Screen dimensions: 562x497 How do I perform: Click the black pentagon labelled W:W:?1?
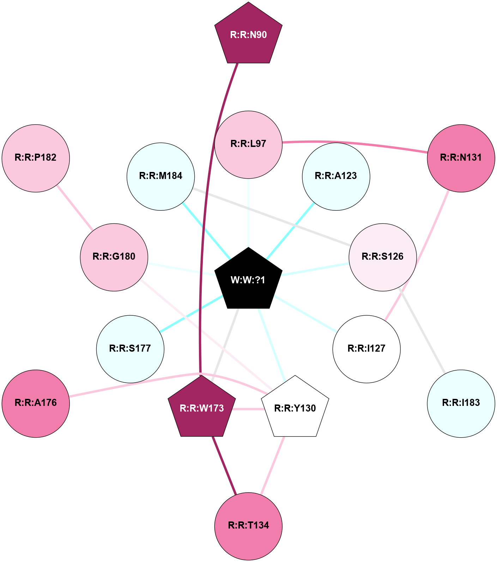pyautogui.click(x=248, y=280)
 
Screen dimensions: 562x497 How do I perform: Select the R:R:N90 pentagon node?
pyautogui.click(x=248, y=35)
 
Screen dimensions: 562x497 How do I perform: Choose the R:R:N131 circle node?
pyautogui.click(x=461, y=158)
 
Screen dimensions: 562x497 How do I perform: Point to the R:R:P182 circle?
pyautogui.click(x=36, y=158)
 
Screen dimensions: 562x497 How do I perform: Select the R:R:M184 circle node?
pyautogui.click(x=160, y=176)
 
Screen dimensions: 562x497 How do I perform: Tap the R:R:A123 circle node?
pyautogui.click(x=336, y=176)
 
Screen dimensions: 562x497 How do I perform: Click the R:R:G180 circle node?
pyautogui.click(x=114, y=257)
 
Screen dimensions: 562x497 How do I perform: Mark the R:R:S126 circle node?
pyautogui.click(x=383, y=257)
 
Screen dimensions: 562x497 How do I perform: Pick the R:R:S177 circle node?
pyautogui.click(x=130, y=349)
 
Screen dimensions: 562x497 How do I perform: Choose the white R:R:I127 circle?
pyautogui.click(x=366, y=349)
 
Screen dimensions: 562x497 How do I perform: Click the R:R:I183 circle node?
pyautogui.click(x=461, y=403)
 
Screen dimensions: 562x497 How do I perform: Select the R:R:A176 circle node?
pyautogui.click(x=36, y=403)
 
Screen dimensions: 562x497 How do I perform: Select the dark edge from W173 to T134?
pyautogui.click(x=224, y=465)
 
